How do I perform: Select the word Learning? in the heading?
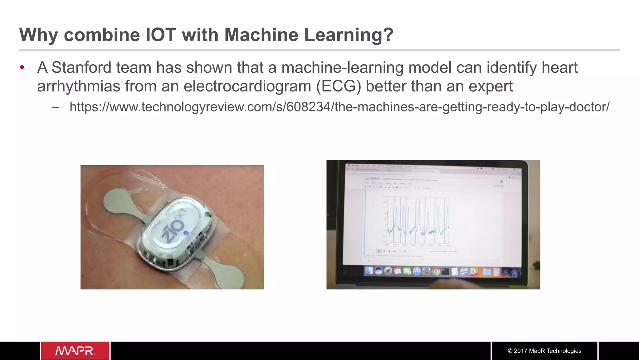point(349,34)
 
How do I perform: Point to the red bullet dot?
point(22,67)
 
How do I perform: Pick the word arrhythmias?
point(79,86)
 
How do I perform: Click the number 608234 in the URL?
point(308,107)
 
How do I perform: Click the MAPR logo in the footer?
point(75,351)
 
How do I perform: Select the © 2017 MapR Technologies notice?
point(544,351)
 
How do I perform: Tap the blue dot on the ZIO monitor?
point(186,233)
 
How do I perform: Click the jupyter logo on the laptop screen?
point(372,178)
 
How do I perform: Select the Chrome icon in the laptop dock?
point(436,271)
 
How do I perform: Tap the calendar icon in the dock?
point(398,271)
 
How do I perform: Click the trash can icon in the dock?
point(496,272)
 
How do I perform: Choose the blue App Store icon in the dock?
point(417,271)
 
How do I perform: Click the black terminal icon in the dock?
point(445,271)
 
